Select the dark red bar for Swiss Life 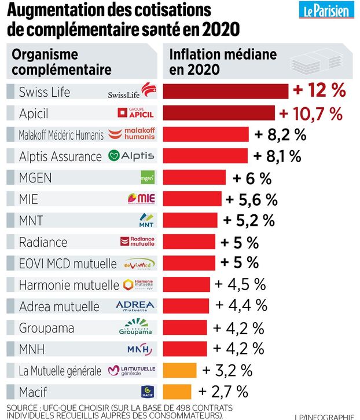[x=226, y=92]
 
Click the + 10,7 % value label [x=311, y=113]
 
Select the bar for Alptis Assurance [x=205, y=156]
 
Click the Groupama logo [x=135, y=328]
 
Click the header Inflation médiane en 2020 [x=222, y=62]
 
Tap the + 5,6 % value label [x=251, y=199]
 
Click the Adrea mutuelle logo [x=135, y=306]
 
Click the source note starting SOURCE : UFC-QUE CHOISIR [x=116, y=411]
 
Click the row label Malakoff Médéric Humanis [x=61, y=135]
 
